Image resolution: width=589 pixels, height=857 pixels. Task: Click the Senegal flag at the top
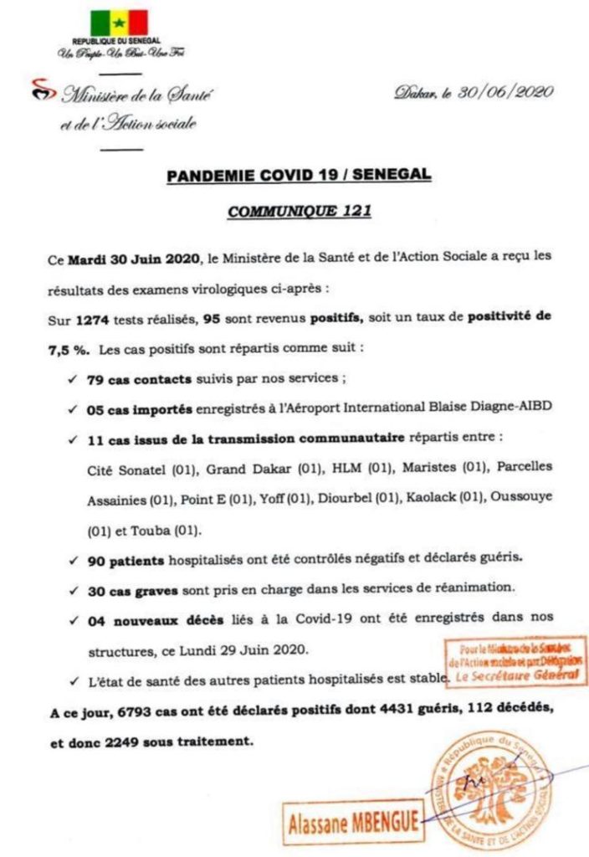pos(119,23)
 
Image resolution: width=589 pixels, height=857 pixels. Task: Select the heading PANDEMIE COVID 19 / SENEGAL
pos(299,176)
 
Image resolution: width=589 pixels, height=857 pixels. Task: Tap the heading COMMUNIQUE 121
pos(299,212)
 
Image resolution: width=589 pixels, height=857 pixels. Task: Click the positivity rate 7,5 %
pos(69,346)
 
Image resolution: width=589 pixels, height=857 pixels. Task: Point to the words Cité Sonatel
pos(121,466)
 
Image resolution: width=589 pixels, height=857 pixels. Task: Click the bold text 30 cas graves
pos(131,589)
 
